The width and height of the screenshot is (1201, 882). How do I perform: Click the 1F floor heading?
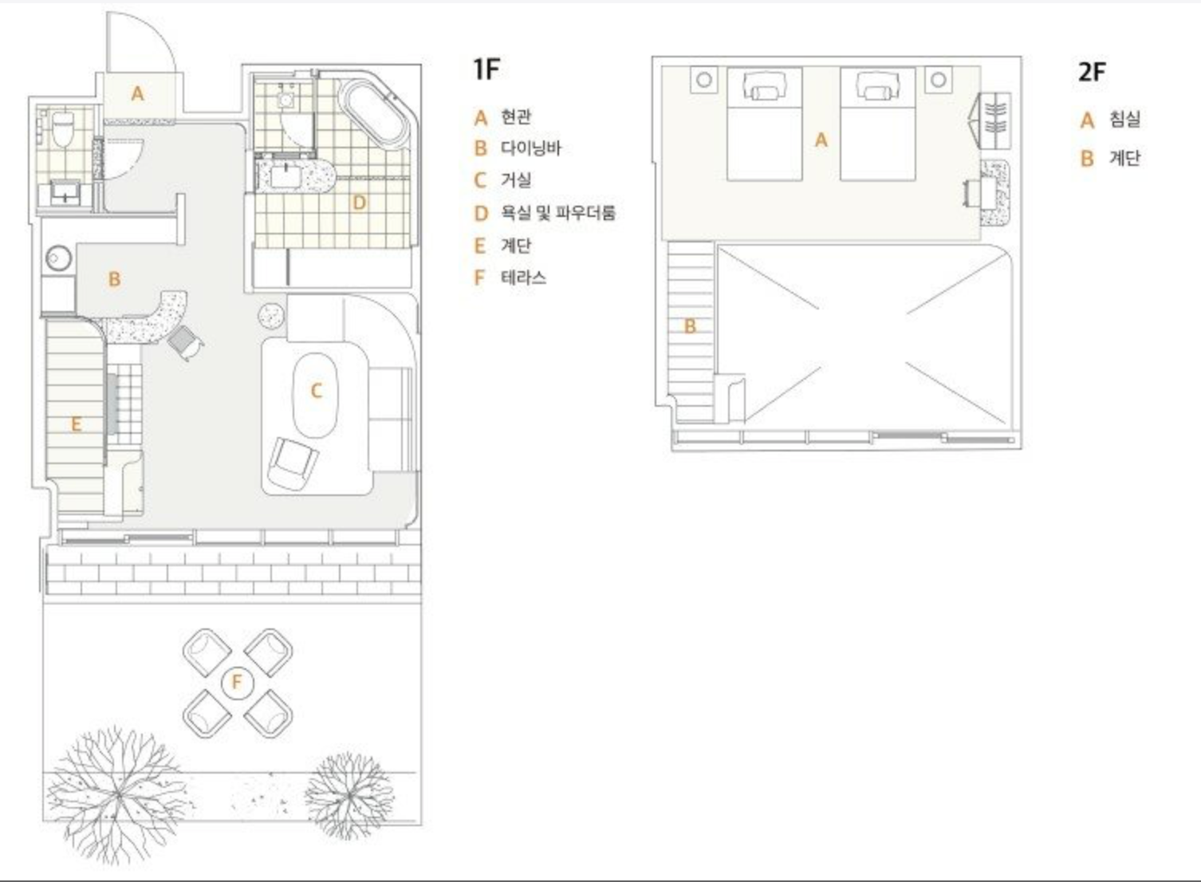486,69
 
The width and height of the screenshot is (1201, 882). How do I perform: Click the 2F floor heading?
1093,72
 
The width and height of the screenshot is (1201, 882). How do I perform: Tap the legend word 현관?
516,117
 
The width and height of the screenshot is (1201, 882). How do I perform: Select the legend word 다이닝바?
531,148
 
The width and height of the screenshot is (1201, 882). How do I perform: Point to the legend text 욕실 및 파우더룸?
558,213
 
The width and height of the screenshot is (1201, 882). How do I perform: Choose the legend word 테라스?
523,278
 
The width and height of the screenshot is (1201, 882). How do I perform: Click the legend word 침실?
1124,119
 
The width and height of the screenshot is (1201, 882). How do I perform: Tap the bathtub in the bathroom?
375,113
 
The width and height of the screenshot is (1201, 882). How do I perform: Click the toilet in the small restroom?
63,128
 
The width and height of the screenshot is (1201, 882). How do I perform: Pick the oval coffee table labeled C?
315,396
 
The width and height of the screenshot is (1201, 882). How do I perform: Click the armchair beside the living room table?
292,464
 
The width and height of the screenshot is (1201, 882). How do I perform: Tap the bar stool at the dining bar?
185,342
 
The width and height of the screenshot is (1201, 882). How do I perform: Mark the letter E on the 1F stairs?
76,424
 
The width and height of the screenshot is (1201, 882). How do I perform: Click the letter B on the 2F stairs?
690,326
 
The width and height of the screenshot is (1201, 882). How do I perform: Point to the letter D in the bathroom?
359,203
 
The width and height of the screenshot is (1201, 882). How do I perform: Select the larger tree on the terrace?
116,794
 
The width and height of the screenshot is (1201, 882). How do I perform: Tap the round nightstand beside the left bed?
704,80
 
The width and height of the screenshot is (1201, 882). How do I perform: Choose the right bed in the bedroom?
878,124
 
